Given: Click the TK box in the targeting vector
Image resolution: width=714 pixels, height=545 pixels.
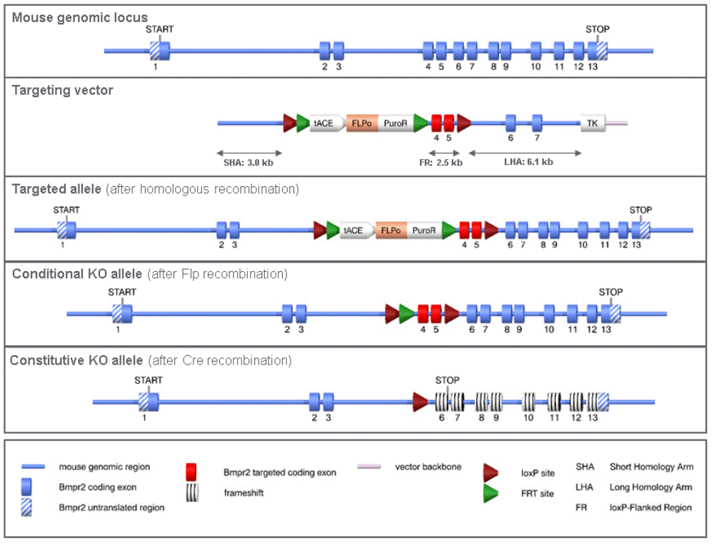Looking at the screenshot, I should tap(592, 123).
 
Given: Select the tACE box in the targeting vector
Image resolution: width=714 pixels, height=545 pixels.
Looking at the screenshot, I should tap(323, 123).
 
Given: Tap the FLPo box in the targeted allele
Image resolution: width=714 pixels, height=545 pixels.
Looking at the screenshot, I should tap(391, 230).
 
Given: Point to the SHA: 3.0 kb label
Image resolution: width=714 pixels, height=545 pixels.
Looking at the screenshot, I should tap(248, 163).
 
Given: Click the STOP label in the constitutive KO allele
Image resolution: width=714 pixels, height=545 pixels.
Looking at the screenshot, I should tap(447, 380).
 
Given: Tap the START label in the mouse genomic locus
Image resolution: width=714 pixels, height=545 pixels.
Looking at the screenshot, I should tap(159, 29).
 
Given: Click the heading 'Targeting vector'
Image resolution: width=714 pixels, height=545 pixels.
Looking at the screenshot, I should tap(62, 91).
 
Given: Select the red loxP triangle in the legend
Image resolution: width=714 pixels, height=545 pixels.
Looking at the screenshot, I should tap(491, 472).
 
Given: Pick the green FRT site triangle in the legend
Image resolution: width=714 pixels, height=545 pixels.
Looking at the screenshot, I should tap(491, 494).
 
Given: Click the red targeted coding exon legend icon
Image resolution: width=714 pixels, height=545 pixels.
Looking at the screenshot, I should tap(191, 472).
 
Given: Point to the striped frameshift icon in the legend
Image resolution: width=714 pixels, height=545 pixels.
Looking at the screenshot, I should tap(191, 493).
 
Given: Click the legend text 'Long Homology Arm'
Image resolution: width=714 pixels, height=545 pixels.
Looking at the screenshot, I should tap(651, 488).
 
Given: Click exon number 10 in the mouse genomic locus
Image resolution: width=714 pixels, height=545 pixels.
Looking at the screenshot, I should tap(535, 51).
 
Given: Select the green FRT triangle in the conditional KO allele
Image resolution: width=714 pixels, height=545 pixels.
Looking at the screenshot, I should tap(406, 313).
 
